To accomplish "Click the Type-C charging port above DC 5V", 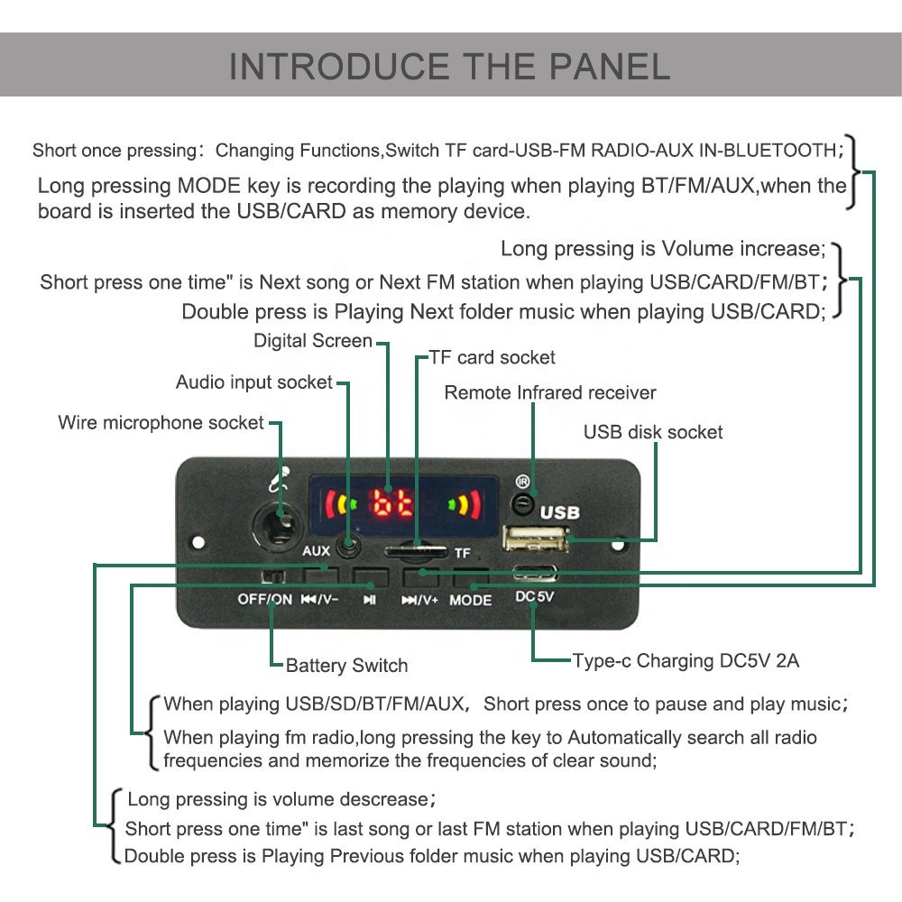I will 535,572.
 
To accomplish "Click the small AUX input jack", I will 347,545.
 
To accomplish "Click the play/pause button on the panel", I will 369,576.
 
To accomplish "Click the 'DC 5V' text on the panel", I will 535,596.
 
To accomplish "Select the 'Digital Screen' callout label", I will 312,341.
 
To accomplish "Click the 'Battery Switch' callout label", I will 346,666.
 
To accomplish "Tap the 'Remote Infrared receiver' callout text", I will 550,392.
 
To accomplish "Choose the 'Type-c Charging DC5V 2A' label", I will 686,660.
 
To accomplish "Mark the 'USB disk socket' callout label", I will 653,432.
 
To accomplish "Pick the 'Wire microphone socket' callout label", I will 161,422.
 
